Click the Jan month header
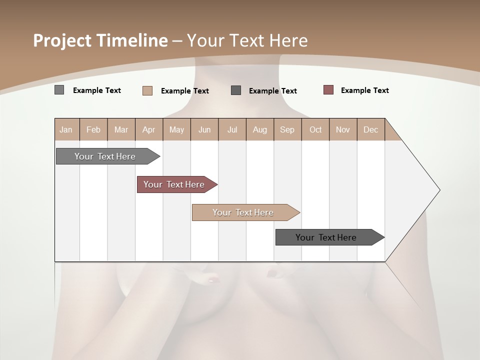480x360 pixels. tap(66, 129)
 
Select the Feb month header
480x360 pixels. tap(93, 129)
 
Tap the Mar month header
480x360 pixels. tap(121, 129)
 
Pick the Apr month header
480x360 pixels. tap(148, 129)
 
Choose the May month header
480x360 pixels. tap(176, 129)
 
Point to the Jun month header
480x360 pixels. tap(204, 129)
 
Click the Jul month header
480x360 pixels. tap(232, 129)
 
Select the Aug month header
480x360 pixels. tap(259, 129)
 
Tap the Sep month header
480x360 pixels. tap(287, 129)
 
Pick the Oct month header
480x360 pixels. tap(315, 129)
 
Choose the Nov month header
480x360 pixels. tap(342, 129)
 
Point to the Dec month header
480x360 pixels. tap(370, 129)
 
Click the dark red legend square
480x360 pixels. tap(328, 90)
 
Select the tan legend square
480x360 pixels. tap(147, 90)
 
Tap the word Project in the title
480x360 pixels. tap(62, 40)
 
